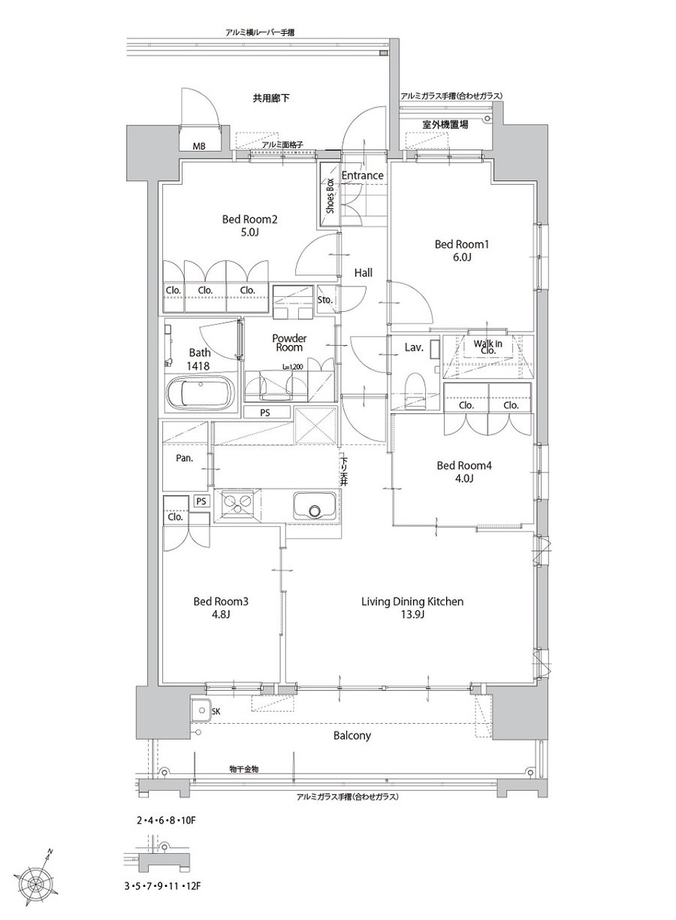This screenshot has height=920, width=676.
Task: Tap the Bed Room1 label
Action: click(462, 245)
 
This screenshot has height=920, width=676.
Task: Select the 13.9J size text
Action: click(412, 614)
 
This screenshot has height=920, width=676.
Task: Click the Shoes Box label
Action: click(330, 195)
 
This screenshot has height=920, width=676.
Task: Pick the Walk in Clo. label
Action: click(487, 347)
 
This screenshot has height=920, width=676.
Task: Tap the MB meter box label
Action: click(200, 146)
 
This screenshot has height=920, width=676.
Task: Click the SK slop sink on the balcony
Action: click(201, 710)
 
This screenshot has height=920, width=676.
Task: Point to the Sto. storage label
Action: click(325, 300)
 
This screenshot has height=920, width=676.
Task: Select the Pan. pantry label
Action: click(184, 458)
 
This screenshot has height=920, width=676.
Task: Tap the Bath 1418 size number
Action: click(198, 365)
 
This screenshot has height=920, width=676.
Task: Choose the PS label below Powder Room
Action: click(265, 413)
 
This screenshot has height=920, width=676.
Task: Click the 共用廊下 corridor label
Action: click(271, 98)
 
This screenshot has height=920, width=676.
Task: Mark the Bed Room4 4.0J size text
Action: click(463, 479)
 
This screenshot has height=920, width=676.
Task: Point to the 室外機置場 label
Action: click(445, 125)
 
